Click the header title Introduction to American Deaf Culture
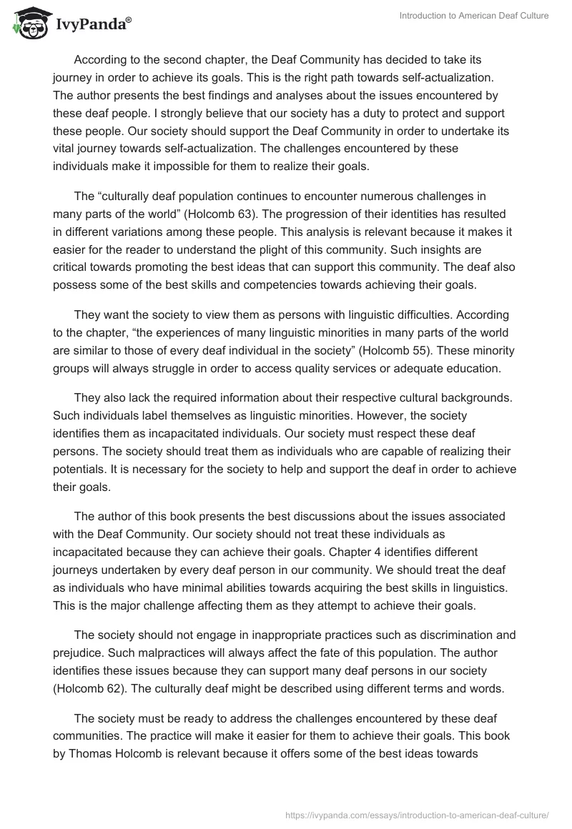click(475, 16)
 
